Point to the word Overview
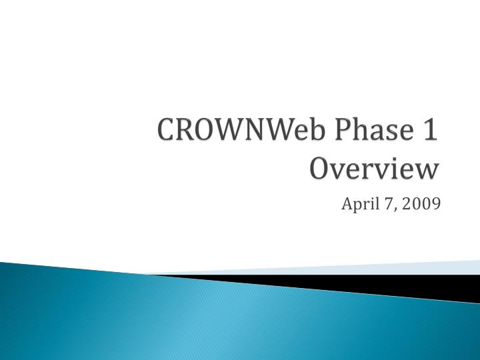click(374, 167)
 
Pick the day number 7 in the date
click(388, 203)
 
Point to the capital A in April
click(347, 203)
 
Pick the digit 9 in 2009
click(435, 203)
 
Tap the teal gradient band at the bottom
click(200, 327)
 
